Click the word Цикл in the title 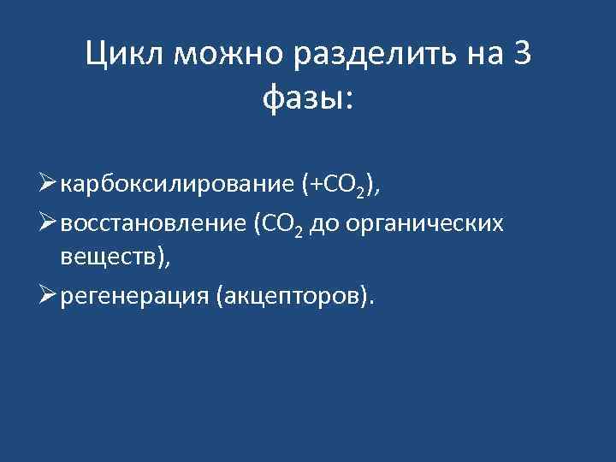(x=126, y=56)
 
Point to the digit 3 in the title (x=522, y=56)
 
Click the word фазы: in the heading (x=307, y=100)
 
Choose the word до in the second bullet (x=323, y=225)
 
